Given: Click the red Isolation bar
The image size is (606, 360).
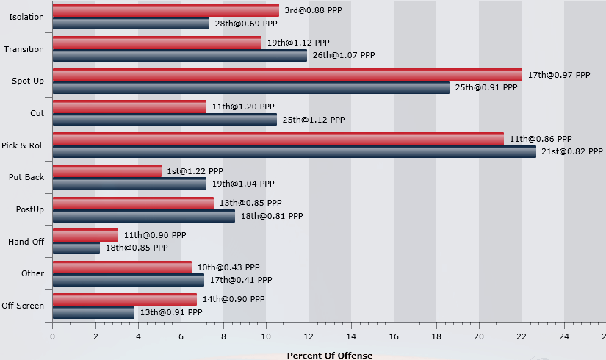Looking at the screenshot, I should tap(166, 10).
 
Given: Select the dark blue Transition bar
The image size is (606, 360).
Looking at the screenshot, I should tap(180, 55).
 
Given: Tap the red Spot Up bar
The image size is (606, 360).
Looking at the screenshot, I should tap(287, 74).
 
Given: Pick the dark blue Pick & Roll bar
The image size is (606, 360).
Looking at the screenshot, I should tap(295, 152).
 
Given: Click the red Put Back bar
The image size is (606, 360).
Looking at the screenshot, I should tap(107, 170).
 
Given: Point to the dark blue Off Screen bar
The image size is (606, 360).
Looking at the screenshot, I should tap(93, 312).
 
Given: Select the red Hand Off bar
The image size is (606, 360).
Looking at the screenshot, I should tap(85, 235).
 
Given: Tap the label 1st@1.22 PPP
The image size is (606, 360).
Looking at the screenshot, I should tap(195, 171).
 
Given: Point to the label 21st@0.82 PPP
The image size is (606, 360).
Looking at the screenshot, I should tap(571, 152).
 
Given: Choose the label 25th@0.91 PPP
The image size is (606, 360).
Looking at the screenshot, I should tap(486, 87).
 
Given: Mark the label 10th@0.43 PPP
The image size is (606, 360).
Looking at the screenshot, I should tap(228, 267).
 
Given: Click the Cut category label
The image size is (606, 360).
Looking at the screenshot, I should tap(37, 113).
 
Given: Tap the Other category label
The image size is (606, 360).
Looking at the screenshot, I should tap(33, 274).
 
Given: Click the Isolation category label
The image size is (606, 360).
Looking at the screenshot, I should tap(26, 17).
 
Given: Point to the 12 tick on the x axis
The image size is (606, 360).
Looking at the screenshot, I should tap(309, 336).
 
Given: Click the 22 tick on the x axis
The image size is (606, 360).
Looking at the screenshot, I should tap(522, 336).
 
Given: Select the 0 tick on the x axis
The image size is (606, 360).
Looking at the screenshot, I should tap(52, 336).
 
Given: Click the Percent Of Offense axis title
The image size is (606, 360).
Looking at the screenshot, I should tap(329, 355).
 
